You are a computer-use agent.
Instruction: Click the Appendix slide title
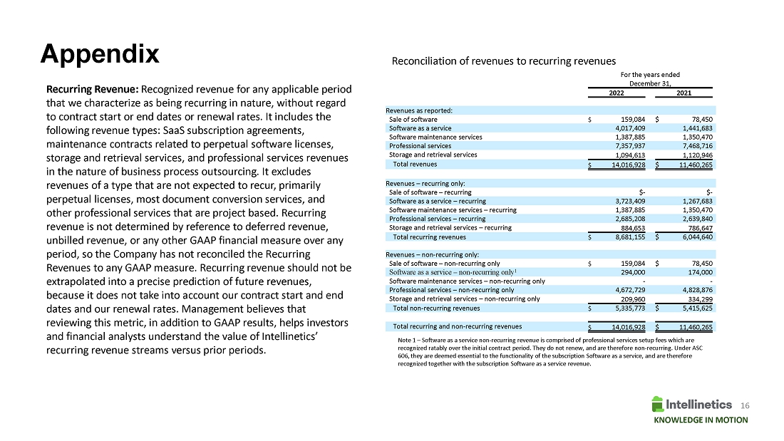(100, 54)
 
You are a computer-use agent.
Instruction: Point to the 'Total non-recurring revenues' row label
(436, 308)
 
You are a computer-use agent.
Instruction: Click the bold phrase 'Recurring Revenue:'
(93, 90)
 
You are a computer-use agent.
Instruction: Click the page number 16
(746, 405)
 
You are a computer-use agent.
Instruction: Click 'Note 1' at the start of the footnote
(406, 340)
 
